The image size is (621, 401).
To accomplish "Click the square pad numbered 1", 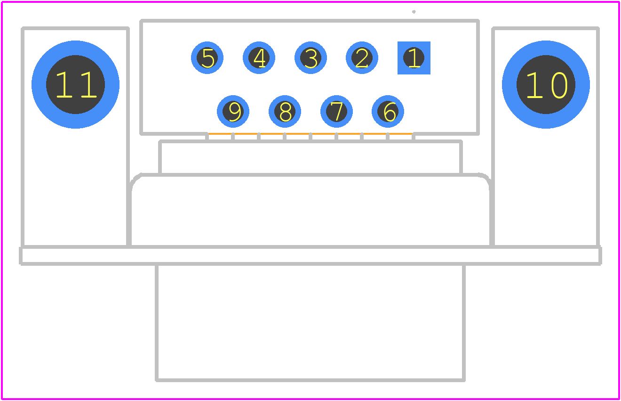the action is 414,58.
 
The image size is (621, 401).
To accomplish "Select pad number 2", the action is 362,58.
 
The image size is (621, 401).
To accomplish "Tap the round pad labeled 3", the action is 310,58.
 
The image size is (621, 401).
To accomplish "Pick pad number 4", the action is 259,58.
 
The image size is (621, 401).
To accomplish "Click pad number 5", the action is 207,58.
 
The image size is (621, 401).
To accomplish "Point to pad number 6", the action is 388,111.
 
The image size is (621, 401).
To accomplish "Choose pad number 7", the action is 336,111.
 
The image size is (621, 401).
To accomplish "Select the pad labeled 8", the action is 285,111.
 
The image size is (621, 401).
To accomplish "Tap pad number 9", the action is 233,111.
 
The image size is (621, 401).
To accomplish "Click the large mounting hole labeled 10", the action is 546,85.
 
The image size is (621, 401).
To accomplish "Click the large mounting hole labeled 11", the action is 75,85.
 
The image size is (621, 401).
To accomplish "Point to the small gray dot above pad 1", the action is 414,12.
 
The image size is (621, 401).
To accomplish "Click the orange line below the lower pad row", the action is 310,134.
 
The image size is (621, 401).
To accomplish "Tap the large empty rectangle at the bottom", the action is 310,380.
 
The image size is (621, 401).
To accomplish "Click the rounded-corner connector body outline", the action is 310,175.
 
